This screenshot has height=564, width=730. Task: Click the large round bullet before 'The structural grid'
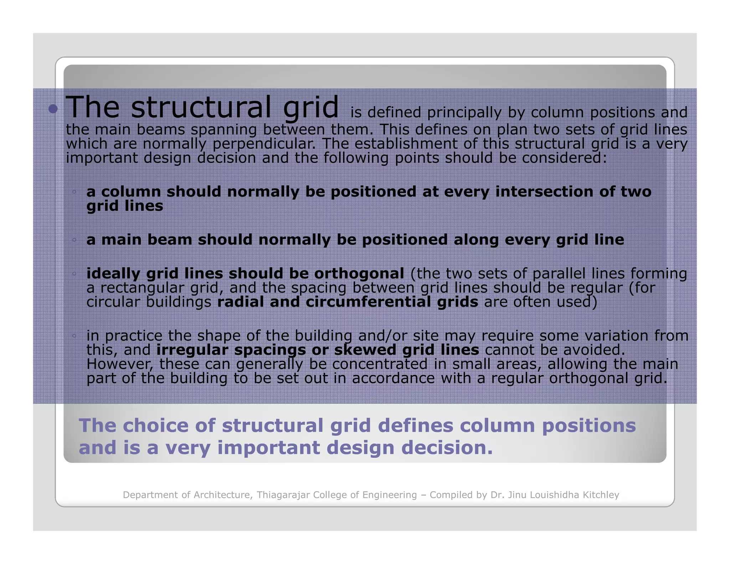[x=53, y=109]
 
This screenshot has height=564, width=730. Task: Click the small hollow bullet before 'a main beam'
[x=74, y=240]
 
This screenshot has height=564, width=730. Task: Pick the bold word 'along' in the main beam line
[x=476, y=240]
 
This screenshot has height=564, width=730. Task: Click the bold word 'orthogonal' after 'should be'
[x=359, y=273]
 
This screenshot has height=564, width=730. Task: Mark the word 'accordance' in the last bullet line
[x=394, y=378]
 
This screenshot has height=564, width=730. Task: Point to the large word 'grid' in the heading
[x=310, y=107]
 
